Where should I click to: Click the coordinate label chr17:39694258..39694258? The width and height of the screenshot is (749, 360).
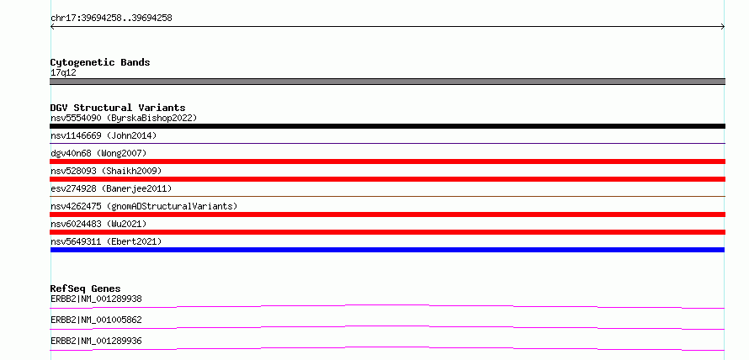(x=111, y=19)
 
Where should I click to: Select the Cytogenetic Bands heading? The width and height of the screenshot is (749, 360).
(x=100, y=62)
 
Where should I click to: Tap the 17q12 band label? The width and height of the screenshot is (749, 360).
(x=63, y=73)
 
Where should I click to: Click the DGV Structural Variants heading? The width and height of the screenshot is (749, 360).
(x=118, y=108)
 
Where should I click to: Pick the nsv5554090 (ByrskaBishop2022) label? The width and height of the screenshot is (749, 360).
(x=124, y=118)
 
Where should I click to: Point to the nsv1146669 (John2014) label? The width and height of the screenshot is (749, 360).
(x=104, y=135)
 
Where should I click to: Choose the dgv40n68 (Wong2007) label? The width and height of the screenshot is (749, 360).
(x=98, y=153)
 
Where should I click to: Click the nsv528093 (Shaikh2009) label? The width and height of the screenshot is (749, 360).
(x=106, y=171)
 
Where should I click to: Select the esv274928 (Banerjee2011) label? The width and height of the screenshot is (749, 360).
(x=111, y=188)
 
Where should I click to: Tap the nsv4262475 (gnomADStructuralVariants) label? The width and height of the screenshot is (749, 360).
(x=144, y=206)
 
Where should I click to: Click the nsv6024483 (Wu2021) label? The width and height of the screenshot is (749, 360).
(x=98, y=224)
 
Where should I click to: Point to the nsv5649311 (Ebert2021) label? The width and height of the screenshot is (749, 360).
(x=106, y=241)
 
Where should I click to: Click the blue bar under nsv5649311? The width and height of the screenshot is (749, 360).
(x=387, y=250)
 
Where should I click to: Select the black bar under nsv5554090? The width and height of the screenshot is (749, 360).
(x=387, y=126)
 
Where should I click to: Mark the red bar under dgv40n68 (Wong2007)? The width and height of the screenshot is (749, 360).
(x=387, y=161)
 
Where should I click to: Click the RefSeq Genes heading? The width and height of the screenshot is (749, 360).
(x=86, y=289)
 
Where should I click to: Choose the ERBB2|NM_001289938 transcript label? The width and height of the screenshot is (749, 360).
(x=96, y=299)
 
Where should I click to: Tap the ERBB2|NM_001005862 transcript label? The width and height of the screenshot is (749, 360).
(x=96, y=320)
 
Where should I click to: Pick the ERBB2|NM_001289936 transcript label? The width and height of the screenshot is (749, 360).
(x=96, y=341)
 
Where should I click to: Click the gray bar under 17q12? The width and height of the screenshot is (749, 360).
(x=387, y=82)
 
